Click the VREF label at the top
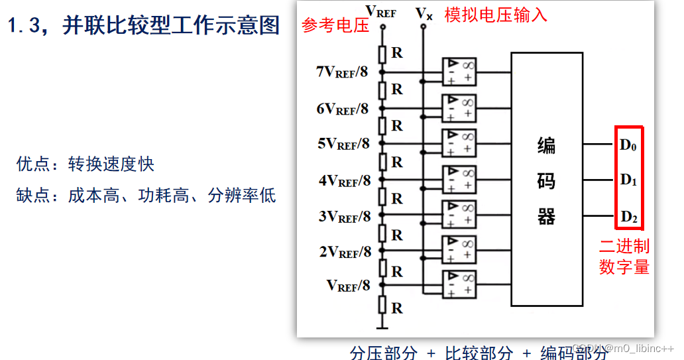pos(381,11)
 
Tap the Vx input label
pos(424,13)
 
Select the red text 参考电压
pos(335,26)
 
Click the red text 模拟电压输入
pos(496,15)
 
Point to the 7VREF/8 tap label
pos(342,72)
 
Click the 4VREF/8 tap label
pos(342,180)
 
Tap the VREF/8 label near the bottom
pos(348,286)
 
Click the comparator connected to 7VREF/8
pos(459,70)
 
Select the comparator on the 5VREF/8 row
pos(459,142)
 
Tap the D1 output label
pos(628,180)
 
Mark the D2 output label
pos(628,216)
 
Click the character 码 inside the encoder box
pos(546,182)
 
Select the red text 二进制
pos(624,247)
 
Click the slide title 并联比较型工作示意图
pos(171,26)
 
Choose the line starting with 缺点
pos(146,196)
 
